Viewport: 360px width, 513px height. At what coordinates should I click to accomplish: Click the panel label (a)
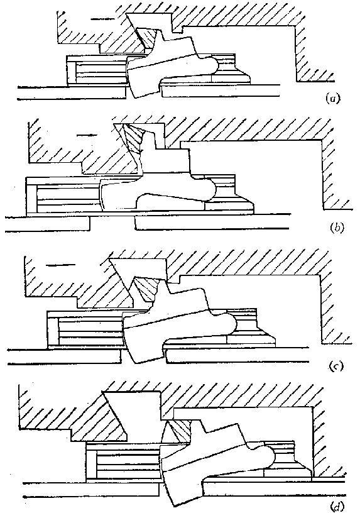pyautogui.click(x=333, y=98)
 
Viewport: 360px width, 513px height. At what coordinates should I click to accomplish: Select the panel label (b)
pyautogui.click(x=337, y=228)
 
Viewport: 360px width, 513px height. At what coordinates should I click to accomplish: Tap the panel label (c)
pyautogui.click(x=337, y=367)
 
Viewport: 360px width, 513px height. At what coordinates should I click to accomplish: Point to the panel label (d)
pyautogui.click(x=337, y=507)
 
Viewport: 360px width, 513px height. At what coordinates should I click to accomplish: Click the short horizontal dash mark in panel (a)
pyautogui.click(x=102, y=19)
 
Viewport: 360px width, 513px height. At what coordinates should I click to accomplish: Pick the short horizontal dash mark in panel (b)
pyautogui.click(x=87, y=135)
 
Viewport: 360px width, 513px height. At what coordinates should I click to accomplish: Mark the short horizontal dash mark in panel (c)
pyautogui.click(x=61, y=265)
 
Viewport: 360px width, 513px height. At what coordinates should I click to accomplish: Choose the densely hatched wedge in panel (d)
pyautogui.click(x=179, y=431)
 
